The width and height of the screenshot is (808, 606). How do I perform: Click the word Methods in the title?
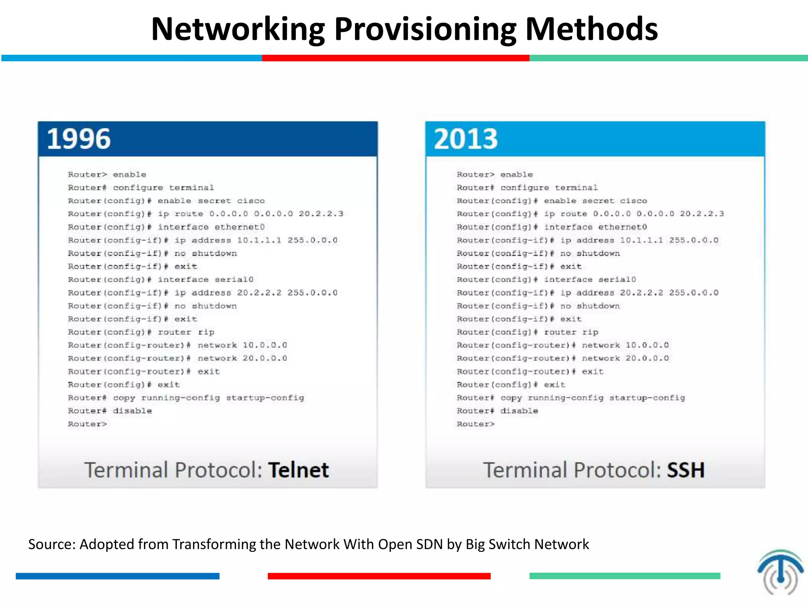(x=591, y=30)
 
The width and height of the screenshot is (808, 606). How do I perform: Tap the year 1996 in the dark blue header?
(x=79, y=139)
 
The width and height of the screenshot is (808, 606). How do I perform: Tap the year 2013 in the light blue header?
(x=466, y=139)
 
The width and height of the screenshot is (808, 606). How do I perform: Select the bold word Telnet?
(x=298, y=470)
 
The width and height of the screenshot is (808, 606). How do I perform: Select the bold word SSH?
(x=686, y=470)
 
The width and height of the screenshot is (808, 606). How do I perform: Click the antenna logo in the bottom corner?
(x=780, y=572)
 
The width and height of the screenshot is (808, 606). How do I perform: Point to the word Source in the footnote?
(x=51, y=544)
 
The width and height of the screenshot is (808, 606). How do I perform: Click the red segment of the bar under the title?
(x=395, y=58)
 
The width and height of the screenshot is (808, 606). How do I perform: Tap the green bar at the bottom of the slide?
(x=625, y=576)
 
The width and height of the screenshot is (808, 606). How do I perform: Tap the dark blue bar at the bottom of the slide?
(x=117, y=576)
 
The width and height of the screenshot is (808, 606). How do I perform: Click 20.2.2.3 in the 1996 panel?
(x=321, y=214)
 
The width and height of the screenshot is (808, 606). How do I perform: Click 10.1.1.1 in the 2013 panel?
(x=641, y=240)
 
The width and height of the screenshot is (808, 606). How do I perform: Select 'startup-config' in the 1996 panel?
(x=265, y=398)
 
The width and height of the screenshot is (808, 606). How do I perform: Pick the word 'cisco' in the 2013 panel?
(x=633, y=201)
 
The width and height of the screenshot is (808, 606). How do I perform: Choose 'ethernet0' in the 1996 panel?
(x=239, y=227)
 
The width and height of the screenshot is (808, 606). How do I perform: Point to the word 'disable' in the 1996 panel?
(x=132, y=411)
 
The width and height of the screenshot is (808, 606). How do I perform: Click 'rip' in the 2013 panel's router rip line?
(x=590, y=332)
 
